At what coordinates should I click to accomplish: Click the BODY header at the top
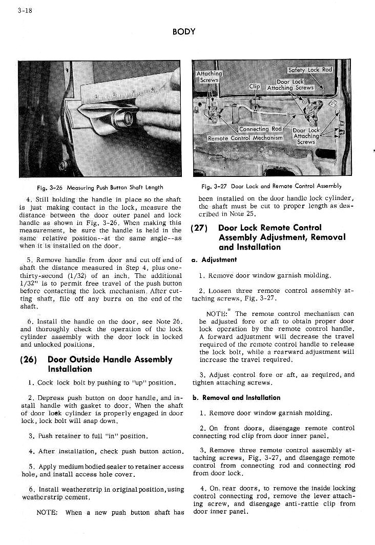click(x=184, y=32)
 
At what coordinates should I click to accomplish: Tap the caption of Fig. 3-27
click(x=272, y=187)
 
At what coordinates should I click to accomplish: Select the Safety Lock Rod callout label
click(x=310, y=70)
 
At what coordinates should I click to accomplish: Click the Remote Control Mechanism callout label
click(x=245, y=138)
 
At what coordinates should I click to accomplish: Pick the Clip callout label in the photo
click(x=255, y=87)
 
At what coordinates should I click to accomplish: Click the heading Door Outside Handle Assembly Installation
click(x=110, y=364)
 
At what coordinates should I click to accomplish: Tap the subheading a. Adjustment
click(x=214, y=260)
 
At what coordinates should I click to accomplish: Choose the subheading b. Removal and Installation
click(x=236, y=397)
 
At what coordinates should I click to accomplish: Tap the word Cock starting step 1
click(x=45, y=382)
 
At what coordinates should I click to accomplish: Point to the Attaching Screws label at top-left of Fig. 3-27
click(x=209, y=76)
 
